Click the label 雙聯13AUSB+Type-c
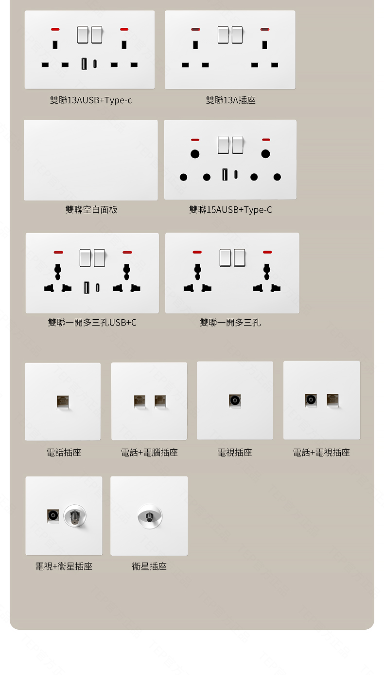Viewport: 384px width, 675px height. pyautogui.click(x=90, y=100)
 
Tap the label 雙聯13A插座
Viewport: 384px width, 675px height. pyautogui.click(x=230, y=100)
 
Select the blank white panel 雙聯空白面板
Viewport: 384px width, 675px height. pyautogui.click(x=91, y=160)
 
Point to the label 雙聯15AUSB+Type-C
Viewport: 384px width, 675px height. pyautogui.click(x=230, y=210)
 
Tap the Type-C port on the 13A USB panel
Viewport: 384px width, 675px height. pyautogui.click(x=95, y=64)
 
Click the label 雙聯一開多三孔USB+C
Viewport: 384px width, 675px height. pyautogui.click(x=92, y=323)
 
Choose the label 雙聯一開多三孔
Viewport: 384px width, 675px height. pyautogui.click(x=230, y=323)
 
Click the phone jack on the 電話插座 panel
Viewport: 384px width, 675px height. pyautogui.click(x=63, y=401)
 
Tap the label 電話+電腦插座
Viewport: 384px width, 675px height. pyautogui.click(x=149, y=453)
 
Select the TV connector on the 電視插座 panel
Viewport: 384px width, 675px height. pyautogui.click(x=235, y=401)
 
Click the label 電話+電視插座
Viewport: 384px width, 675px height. pyautogui.click(x=321, y=453)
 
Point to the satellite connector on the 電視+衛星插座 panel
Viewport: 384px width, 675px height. pyautogui.click(x=75, y=515)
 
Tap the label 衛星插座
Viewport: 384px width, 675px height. pyautogui.click(x=149, y=566)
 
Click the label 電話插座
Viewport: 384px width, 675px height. pyautogui.click(x=64, y=453)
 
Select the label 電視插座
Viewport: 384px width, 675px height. pyautogui.click(x=235, y=453)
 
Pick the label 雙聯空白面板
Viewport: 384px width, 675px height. pyautogui.click(x=91, y=210)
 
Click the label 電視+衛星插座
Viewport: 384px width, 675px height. pyautogui.click(x=64, y=566)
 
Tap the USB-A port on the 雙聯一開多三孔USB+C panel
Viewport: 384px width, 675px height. pyautogui.click(x=87, y=288)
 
